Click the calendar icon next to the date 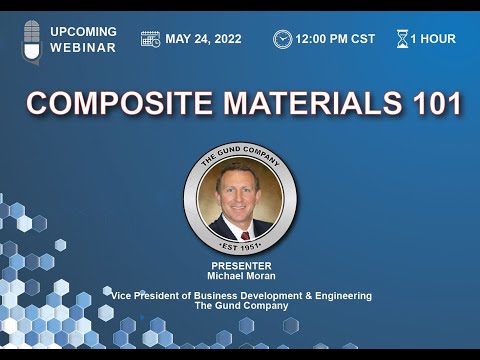click(151, 39)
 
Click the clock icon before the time click(283, 39)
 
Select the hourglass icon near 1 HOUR click(402, 39)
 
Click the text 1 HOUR click(434, 39)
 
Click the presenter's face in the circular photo click(241, 186)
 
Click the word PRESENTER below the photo click(240, 266)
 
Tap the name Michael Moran click(240, 275)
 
